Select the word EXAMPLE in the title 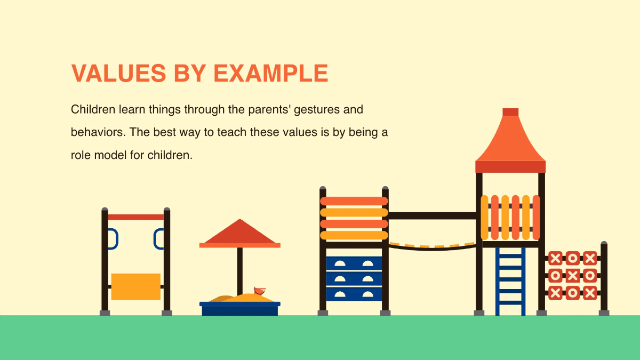tap(271, 73)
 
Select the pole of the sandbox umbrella tap(240, 269)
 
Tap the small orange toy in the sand tap(260, 291)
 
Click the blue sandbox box tap(239, 309)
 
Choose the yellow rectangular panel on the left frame tap(135, 286)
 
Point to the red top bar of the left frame tap(135, 217)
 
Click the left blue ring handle tap(112, 238)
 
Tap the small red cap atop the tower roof tap(510, 111)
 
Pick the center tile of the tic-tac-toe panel tap(572, 275)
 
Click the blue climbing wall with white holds tap(354, 278)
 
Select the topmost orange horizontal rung tap(354, 201)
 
